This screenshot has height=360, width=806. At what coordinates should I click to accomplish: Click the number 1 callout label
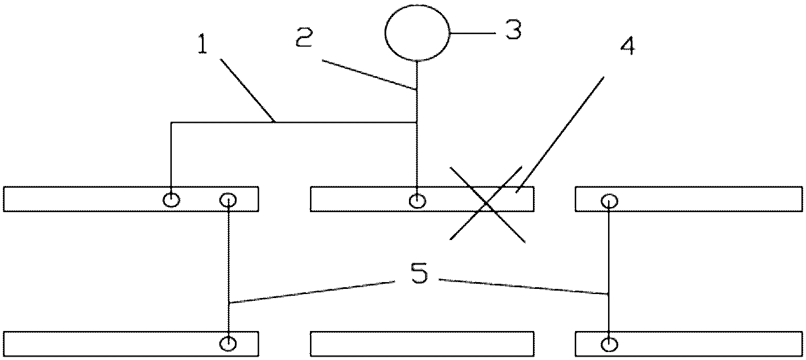(203, 44)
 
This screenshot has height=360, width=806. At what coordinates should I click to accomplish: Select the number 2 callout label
(304, 38)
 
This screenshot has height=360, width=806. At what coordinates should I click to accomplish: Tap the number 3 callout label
(513, 30)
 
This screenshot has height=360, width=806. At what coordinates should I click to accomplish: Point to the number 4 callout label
(627, 47)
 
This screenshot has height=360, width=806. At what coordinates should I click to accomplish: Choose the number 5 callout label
(419, 273)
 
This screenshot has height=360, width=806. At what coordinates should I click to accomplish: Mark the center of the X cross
(487, 204)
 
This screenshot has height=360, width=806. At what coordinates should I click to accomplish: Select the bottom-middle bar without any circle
(422, 344)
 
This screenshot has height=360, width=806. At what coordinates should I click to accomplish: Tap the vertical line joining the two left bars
(229, 272)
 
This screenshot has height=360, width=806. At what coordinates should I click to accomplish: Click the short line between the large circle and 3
(473, 33)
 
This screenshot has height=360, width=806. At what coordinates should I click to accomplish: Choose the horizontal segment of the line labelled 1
(294, 123)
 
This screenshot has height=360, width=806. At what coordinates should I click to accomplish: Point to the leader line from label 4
(560, 135)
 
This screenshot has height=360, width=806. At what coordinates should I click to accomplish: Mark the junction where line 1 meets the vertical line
(417, 123)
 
